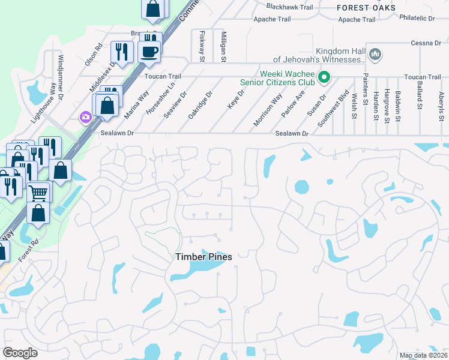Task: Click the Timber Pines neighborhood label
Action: coord(203,257)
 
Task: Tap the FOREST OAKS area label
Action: coord(366,8)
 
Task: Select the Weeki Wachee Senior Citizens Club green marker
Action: coord(325,77)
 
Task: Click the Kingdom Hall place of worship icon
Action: coord(376,55)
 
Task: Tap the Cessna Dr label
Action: coord(426,43)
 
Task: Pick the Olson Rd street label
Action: coord(93,54)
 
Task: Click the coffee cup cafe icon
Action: coord(149,52)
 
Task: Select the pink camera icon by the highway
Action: coord(85,116)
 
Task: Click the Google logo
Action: coord(20,353)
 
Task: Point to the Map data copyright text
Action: coord(423,355)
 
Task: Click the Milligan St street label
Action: coord(223,47)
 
